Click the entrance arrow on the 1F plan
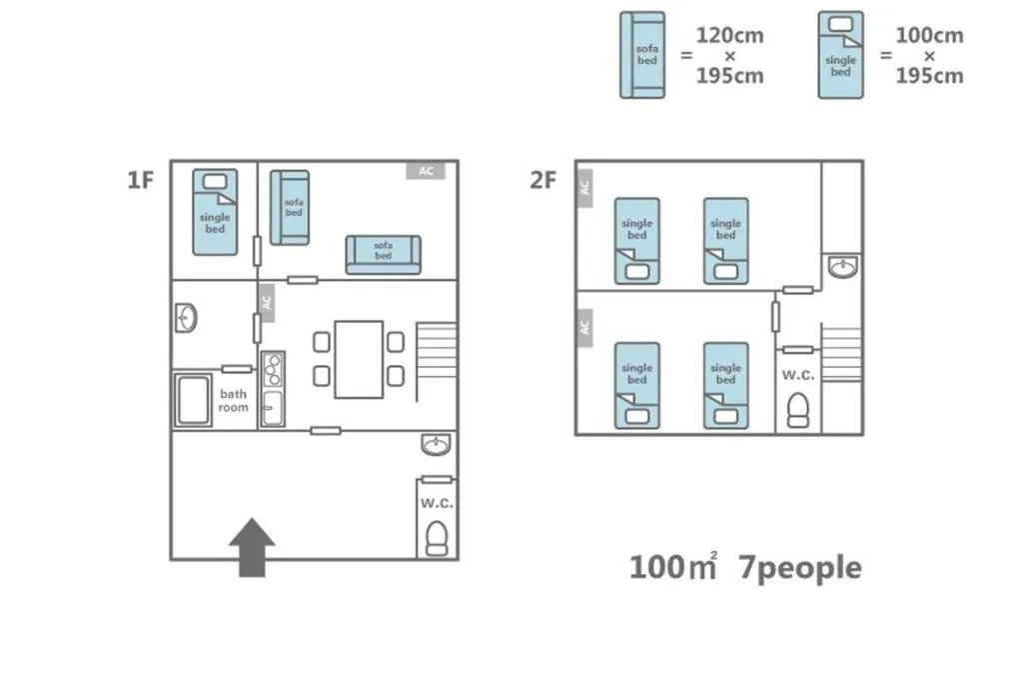click(252, 547)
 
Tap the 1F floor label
click(140, 180)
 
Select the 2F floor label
click(542, 180)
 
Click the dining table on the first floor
click(359, 359)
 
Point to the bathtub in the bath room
click(193, 400)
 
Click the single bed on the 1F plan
click(215, 212)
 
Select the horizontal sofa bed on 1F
click(383, 255)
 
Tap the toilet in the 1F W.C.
click(437, 539)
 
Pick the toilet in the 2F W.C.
click(798, 411)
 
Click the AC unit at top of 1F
click(426, 170)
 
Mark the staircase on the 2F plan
click(841, 353)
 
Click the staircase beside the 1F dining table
click(436, 361)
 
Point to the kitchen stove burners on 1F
click(273, 370)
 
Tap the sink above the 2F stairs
click(843, 266)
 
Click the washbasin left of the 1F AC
click(186, 318)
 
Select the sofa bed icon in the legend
click(642, 55)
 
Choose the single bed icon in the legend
click(841, 55)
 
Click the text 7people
click(800, 567)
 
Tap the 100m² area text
click(673, 566)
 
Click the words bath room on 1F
click(233, 400)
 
